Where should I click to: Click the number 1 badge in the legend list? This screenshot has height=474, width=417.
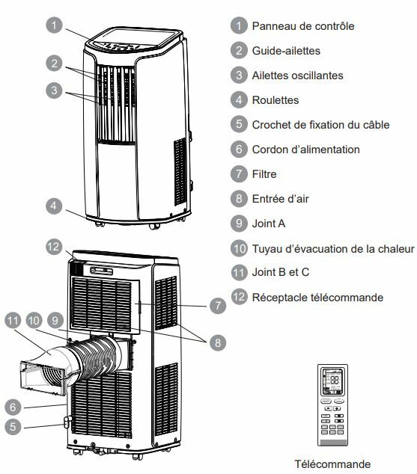[239, 26]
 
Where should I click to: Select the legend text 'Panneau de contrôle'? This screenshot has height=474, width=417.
[303, 26]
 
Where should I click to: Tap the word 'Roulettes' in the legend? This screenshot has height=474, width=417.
[276, 100]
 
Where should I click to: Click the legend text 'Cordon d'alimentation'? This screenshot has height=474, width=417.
[306, 150]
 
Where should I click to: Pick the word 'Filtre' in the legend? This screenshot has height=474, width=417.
[265, 174]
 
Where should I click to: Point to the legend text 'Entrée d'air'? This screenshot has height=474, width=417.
[281, 199]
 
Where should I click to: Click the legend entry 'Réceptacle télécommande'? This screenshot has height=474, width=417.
[317, 298]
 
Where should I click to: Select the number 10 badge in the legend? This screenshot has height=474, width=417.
[239, 248]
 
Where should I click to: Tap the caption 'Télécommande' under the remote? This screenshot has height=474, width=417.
[332, 464]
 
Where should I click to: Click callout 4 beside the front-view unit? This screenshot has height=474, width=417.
[52, 205]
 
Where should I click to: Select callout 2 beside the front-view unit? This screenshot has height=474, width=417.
[52, 63]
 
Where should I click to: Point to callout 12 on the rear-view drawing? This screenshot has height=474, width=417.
[52, 245]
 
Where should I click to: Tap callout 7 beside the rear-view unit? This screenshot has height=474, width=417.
[216, 305]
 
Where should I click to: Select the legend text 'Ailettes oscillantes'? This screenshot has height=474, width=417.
[298, 76]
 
